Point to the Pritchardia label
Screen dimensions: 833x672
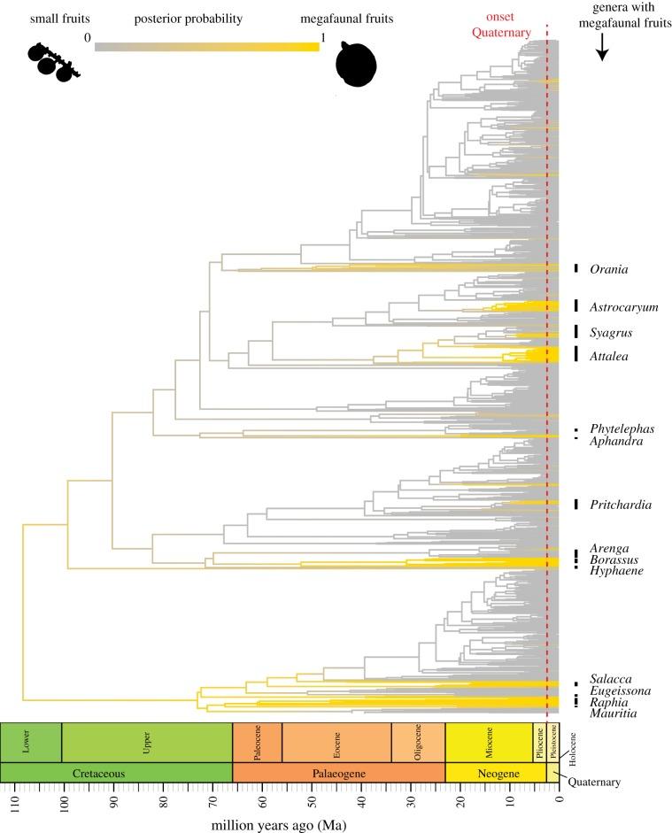(x=621, y=505)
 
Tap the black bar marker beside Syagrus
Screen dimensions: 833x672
(x=575, y=333)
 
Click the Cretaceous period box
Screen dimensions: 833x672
(x=116, y=773)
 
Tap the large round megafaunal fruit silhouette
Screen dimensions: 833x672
(x=358, y=66)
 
